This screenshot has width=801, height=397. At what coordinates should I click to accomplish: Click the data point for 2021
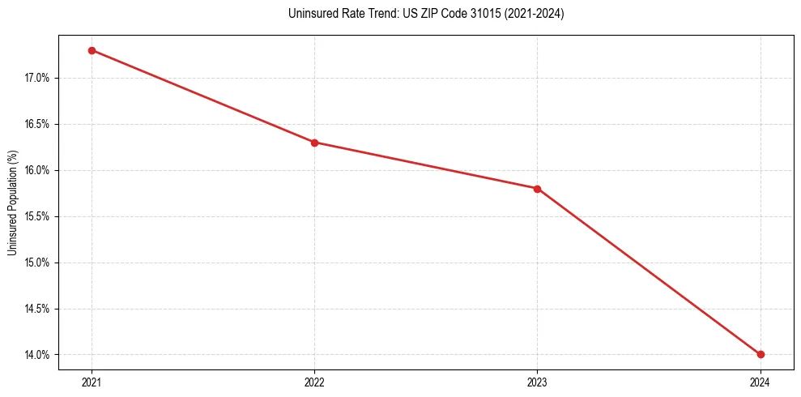[x=92, y=50]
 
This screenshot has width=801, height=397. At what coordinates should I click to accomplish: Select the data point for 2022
[x=314, y=143]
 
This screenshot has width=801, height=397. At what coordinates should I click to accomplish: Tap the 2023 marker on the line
[x=537, y=189]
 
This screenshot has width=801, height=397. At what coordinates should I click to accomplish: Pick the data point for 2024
[x=761, y=354]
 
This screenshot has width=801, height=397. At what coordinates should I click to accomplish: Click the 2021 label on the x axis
[x=92, y=382]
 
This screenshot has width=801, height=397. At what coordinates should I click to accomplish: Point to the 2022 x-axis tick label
[x=314, y=382]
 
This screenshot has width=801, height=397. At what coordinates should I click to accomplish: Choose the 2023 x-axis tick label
[x=537, y=382]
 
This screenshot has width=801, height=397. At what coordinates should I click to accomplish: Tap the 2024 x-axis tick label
[x=761, y=382]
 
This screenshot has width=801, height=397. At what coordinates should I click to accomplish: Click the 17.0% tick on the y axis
[x=37, y=79]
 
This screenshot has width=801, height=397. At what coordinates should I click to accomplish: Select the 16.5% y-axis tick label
[x=37, y=125]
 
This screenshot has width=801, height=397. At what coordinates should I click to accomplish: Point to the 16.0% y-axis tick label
[x=37, y=171]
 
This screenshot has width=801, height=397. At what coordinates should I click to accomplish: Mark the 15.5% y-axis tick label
[x=37, y=217]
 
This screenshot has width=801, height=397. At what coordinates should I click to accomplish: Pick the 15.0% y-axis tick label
[x=37, y=263]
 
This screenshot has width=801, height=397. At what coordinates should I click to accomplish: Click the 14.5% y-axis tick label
[x=37, y=309]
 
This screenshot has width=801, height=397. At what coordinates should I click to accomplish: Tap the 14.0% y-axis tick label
[x=37, y=355]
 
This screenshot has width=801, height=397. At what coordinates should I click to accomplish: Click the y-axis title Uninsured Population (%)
[x=12, y=203]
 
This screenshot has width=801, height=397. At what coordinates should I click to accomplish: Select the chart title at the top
[x=426, y=14]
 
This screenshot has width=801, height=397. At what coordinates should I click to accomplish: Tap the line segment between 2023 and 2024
[x=649, y=271]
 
